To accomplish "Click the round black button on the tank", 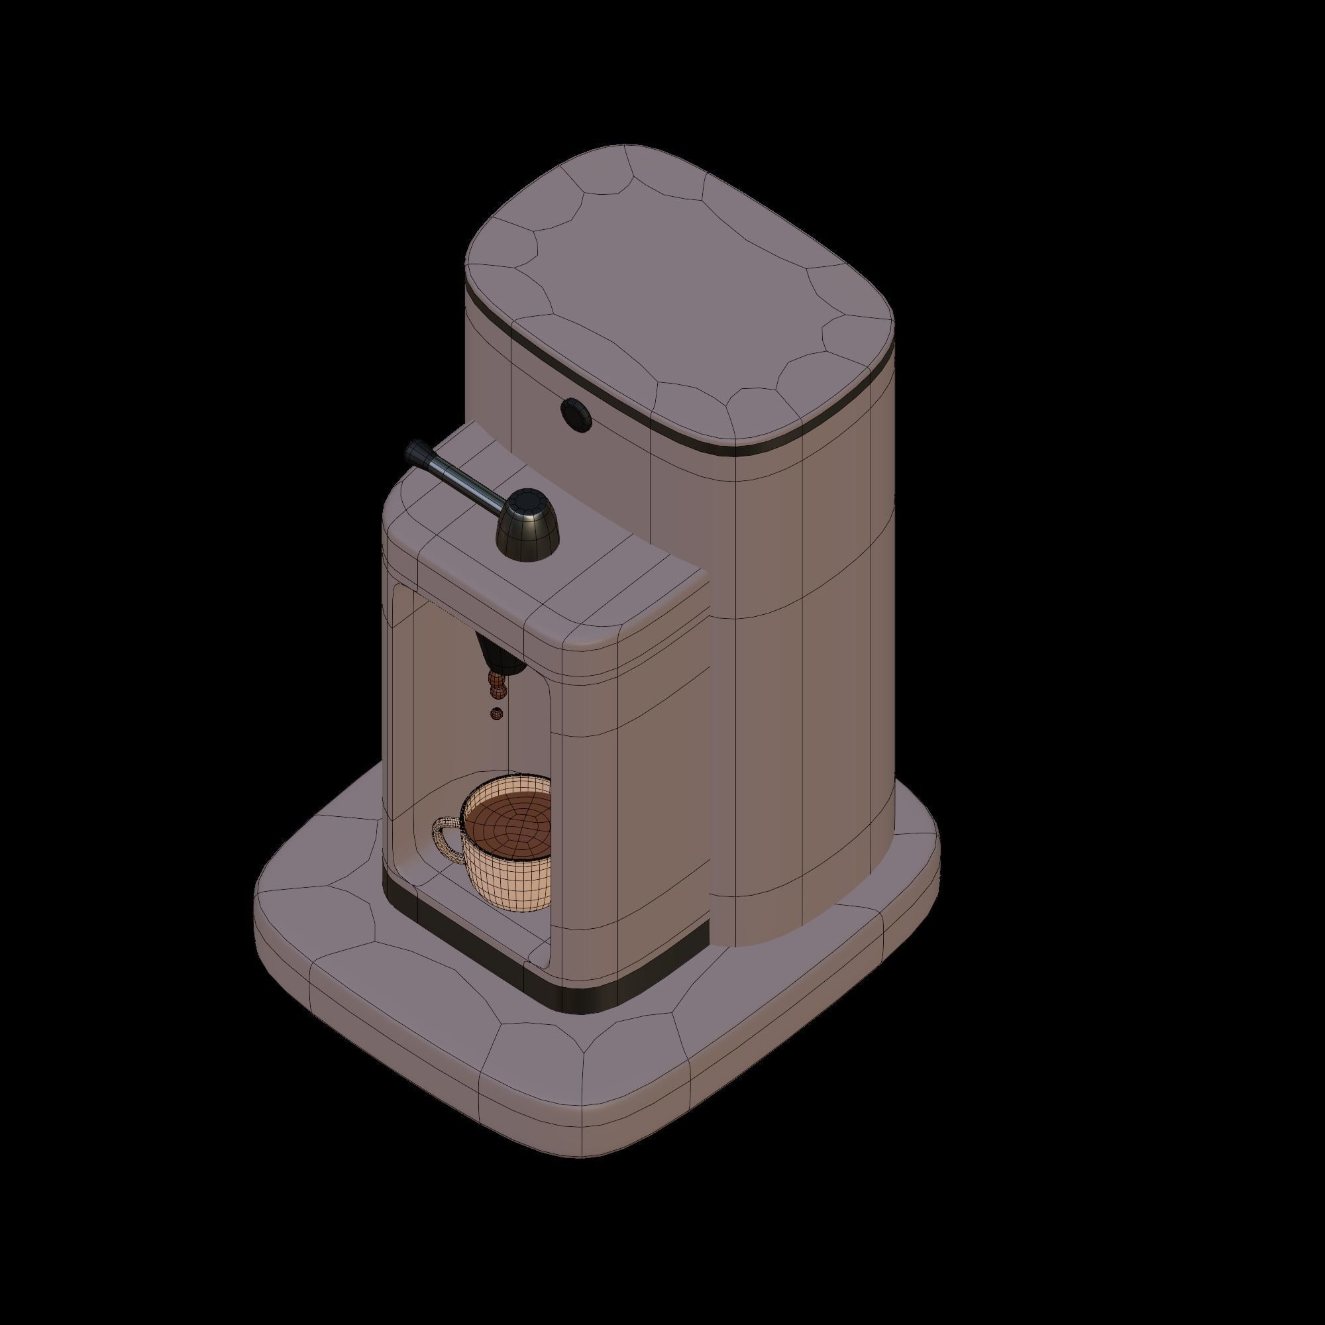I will click(576, 413).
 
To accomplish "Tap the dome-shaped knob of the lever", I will click(527, 529).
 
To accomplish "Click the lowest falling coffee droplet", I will click(496, 714).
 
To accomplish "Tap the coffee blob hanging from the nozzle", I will click(496, 682).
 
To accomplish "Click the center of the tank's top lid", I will click(679, 295).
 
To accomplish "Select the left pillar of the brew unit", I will click(397, 720).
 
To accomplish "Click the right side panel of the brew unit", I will click(659, 788).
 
